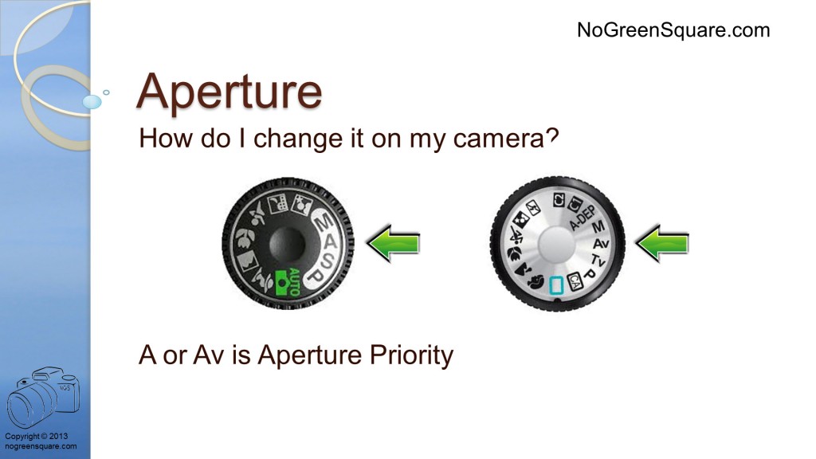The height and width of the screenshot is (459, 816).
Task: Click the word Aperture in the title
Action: point(229,92)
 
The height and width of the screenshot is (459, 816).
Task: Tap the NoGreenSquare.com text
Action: point(673,30)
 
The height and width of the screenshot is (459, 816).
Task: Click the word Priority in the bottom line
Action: point(411,355)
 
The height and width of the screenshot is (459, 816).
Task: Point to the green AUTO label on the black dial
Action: point(294,281)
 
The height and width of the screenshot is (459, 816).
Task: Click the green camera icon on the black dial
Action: point(281,283)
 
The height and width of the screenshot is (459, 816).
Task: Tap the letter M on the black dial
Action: point(324,222)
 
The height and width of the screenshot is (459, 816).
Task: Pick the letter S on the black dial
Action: point(327,261)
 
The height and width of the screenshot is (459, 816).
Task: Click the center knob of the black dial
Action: point(287,242)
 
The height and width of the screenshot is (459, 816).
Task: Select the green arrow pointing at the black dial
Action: point(393,243)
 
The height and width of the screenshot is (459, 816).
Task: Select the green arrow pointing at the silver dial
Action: point(662,243)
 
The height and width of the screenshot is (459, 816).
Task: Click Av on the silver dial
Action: point(601,244)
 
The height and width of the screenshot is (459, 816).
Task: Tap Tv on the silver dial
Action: point(598,260)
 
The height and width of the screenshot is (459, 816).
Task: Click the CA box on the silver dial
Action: point(574,281)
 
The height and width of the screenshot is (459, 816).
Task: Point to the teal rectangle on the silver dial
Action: point(556,285)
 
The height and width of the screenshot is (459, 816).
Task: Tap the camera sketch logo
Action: point(43,396)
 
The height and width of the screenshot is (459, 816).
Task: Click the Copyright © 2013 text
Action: point(37,436)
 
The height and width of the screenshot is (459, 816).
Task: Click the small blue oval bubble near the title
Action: point(92,101)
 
